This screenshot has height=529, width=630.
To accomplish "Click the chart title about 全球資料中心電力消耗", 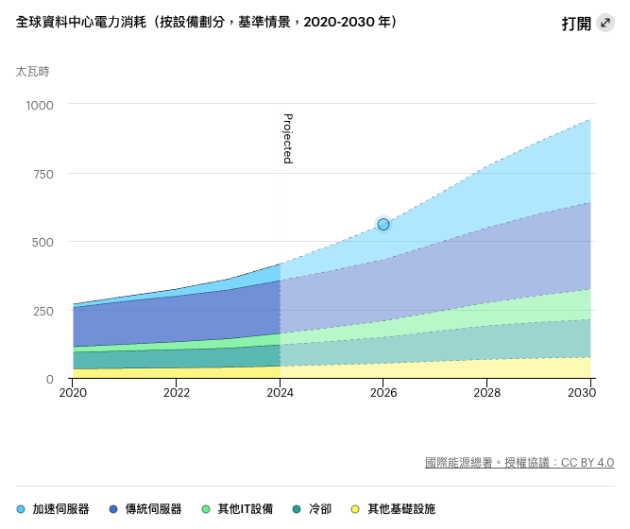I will (x=206, y=22).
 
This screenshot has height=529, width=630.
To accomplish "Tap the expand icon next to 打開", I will (x=605, y=23).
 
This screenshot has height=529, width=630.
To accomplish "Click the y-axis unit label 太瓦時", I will (x=32, y=71).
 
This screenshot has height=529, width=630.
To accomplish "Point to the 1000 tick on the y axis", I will (x=41, y=105).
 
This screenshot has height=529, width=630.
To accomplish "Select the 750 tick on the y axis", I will (x=43, y=174).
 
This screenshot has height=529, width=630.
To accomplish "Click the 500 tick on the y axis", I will (x=43, y=242).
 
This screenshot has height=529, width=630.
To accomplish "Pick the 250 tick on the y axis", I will (x=43, y=311).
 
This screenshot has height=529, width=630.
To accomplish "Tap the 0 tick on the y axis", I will (x=50, y=379).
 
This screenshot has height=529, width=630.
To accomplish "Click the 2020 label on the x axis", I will (x=73, y=392).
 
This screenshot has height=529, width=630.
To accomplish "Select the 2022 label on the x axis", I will (x=177, y=392).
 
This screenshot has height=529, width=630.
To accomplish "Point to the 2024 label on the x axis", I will (x=281, y=392).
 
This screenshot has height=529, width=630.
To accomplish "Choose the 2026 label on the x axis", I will (x=383, y=392).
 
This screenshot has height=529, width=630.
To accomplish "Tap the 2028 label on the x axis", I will (x=486, y=392).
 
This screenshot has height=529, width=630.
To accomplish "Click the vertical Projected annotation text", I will (x=288, y=139).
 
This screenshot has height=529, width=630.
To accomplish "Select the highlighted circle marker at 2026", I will (x=383, y=224).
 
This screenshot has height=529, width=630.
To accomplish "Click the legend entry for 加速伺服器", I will (x=54, y=509).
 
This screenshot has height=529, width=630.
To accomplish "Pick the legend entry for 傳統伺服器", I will (x=145, y=509).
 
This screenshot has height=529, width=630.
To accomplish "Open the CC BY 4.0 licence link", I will (x=587, y=463).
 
